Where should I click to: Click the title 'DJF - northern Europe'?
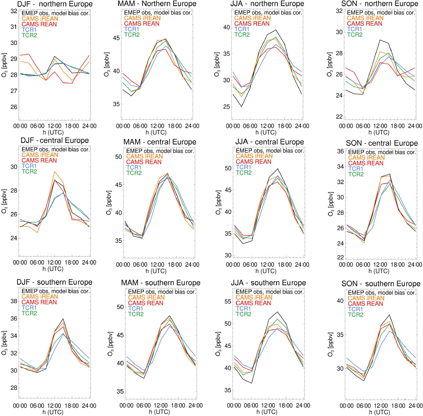[55, 4]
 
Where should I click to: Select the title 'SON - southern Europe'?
[381, 284]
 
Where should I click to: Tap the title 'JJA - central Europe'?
[269, 142]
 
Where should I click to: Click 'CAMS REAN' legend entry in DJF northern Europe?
[39, 24]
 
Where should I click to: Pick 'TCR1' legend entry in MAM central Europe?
[134, 168]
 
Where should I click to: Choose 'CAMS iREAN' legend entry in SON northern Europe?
[365, 18]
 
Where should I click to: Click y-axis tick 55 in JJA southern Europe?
[228, 302]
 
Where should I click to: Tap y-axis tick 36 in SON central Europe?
[340, 151]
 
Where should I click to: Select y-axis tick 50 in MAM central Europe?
[119, 157]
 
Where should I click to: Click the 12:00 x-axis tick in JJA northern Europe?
[267, 126]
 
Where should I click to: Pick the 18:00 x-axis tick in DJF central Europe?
[71, 263]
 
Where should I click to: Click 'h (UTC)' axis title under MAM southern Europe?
[159, 412]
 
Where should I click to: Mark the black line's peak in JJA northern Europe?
[276, 30]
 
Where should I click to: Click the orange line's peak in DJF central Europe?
[54, 172]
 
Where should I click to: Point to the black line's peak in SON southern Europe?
[389, 315]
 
